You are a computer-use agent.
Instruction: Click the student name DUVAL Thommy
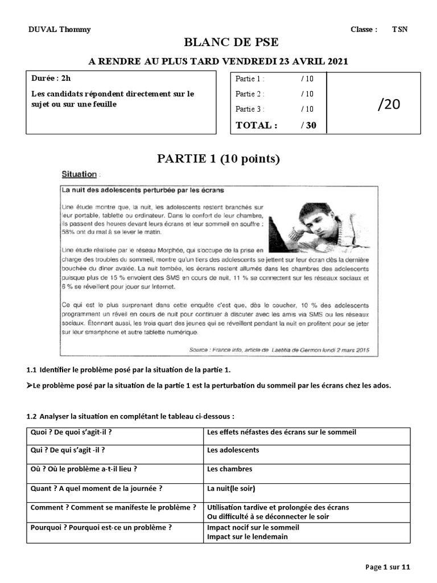59,30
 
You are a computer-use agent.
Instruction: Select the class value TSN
399,30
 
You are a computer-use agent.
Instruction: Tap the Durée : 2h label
51,79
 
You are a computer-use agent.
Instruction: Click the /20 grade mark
389,104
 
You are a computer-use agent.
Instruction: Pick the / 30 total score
308,125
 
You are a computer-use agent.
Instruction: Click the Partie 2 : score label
250,94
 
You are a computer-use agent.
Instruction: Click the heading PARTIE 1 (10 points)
218,159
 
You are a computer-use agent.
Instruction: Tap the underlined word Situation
79,174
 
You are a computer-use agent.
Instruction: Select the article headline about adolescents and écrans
143,189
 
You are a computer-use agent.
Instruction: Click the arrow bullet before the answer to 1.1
30,385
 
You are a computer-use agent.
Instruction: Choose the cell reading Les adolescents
233,450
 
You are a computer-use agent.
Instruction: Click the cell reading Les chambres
229,469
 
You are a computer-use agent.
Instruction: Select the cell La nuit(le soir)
231,488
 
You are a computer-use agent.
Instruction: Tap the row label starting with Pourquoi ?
101,527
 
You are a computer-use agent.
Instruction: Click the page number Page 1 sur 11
387,566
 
